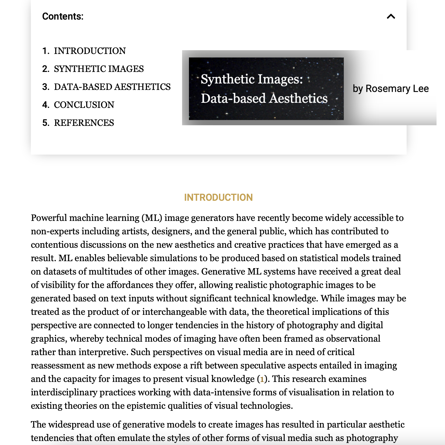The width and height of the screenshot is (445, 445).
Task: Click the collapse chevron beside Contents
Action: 391,17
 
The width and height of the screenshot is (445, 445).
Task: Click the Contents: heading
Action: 63,17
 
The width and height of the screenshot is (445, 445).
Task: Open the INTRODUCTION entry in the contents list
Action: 90,51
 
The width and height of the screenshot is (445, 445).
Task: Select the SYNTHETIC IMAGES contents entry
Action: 99,69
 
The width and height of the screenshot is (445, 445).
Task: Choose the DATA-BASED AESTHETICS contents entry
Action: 112,87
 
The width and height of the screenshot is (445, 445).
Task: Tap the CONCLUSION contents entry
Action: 84,105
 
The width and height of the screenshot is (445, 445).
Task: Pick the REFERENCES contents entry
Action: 84,123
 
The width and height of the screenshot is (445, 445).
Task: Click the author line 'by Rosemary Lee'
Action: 391,89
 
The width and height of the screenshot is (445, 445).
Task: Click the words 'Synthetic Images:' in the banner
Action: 252,79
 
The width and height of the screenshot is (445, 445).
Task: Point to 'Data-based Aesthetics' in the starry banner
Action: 264,99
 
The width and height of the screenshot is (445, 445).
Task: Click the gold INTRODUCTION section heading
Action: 218,198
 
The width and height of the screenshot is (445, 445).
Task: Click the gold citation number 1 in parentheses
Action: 262,379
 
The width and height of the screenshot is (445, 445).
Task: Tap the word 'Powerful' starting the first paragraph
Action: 49,218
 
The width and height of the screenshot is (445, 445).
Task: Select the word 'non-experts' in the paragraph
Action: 55,231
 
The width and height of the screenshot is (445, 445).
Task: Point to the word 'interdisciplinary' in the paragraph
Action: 64,392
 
